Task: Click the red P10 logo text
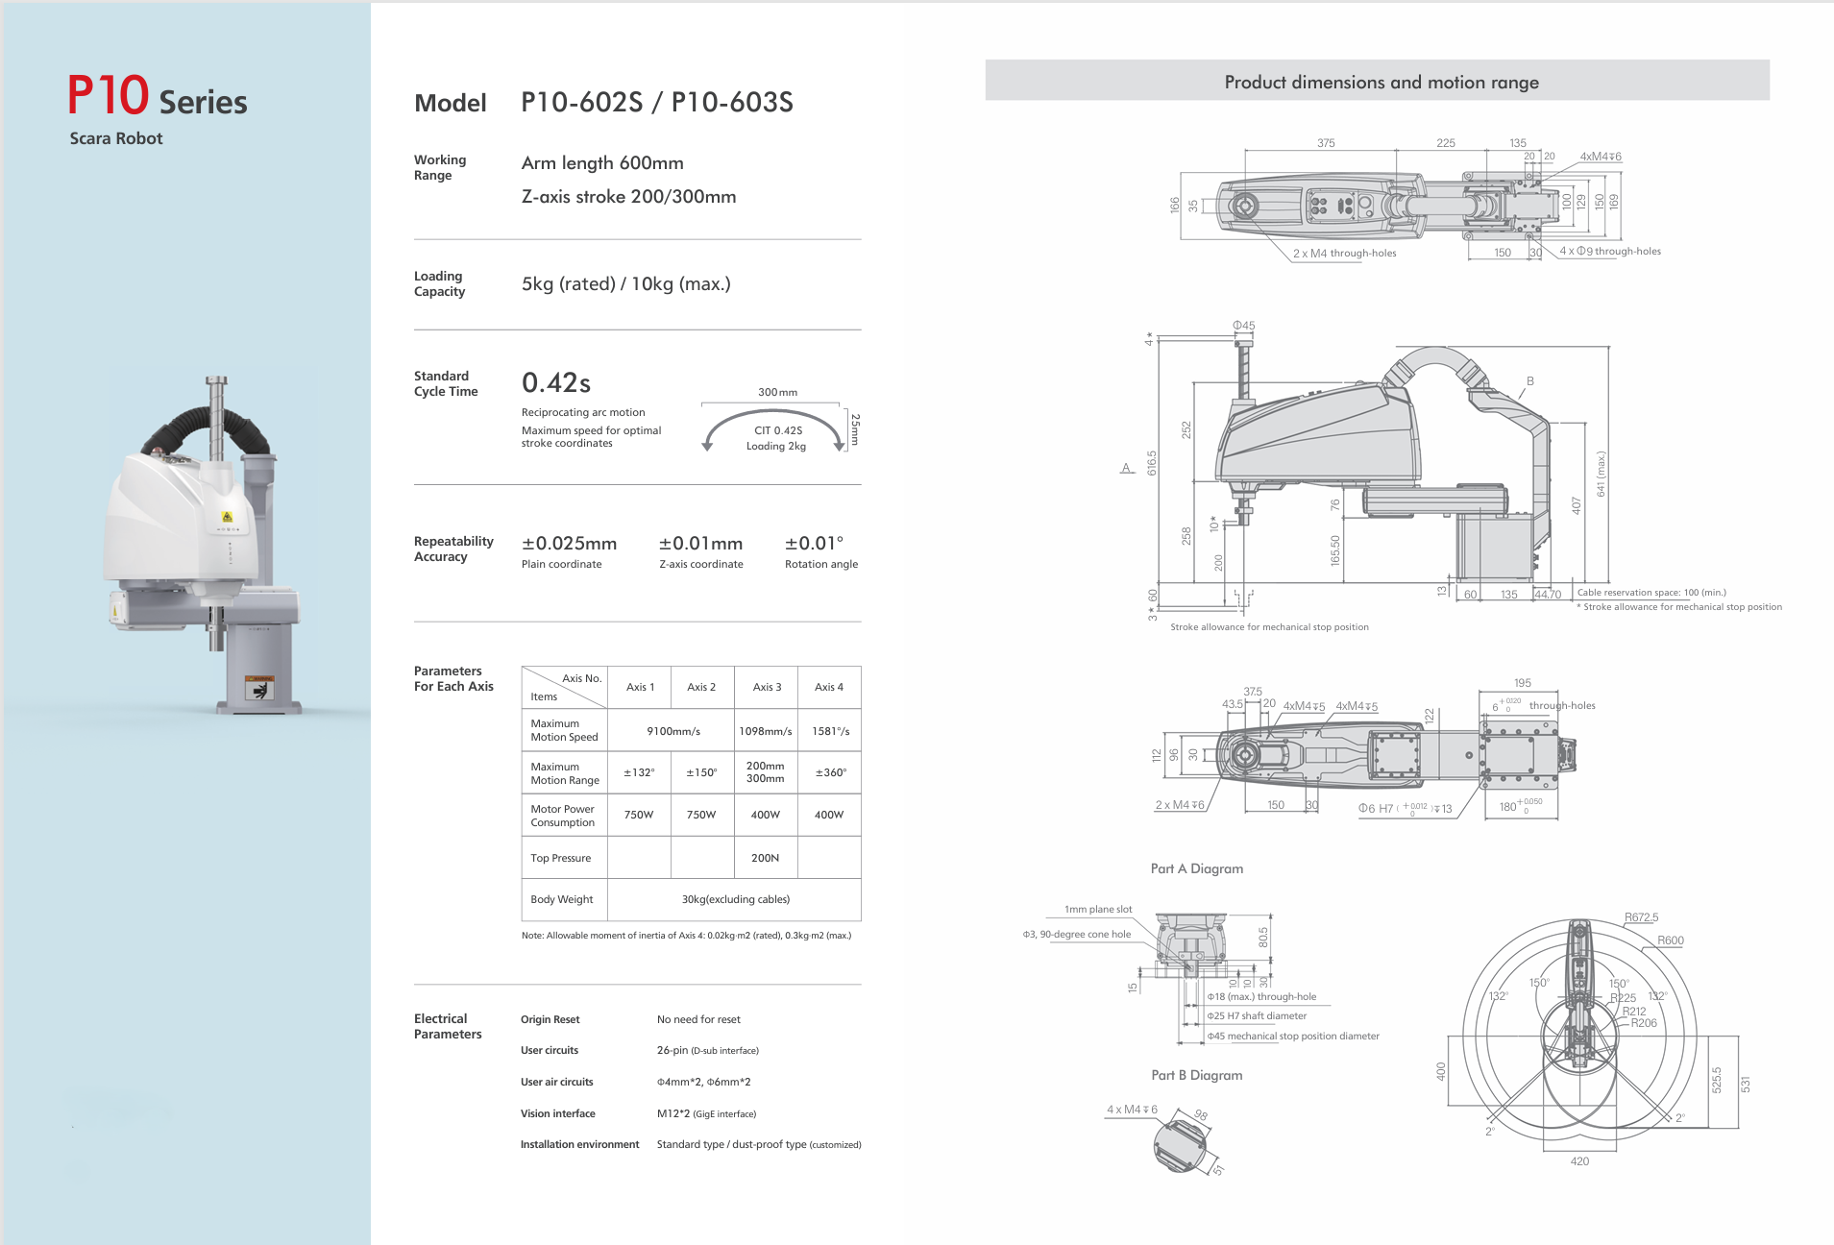(x=108, y=96)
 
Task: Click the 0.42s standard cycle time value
(x=555, y=383)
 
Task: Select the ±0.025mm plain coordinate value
(x=569, y=544)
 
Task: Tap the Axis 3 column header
(x=767, y=687)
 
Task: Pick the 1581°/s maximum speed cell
(x=830, y=731)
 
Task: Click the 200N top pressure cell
(x=765, y=858)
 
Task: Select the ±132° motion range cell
(x=639, y=772)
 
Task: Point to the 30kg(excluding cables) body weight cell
(x=735, y=899)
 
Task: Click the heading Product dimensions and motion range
(x=1381, y=83)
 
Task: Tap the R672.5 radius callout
(x=1641, y=917)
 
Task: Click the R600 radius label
(x=1670, y=940)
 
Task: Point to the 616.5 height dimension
(x=1152, y=462)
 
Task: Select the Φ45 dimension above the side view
(x=1243, y=326)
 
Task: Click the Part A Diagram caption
(x=1196, y=868)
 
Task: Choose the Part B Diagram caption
(x=1196, y=1075)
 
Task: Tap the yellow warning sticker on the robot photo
(x=228, y=517)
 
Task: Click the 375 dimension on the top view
(x=1326, y=143)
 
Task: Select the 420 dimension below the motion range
(x=1579, y=1161)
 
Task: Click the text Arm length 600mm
(x=602, y=163)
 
